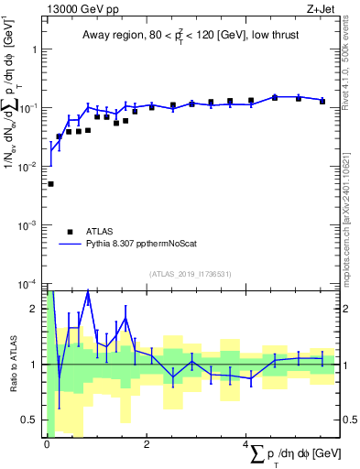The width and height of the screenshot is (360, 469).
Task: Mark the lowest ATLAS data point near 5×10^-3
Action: click(50, 184)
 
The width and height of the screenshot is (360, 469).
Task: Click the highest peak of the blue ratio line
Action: click(88, 292)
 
